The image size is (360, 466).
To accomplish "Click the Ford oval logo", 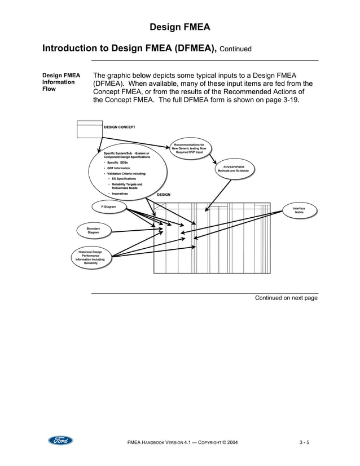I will coord(60,441).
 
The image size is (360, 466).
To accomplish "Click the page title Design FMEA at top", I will coord(180,27).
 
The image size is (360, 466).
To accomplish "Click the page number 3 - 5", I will coord(308,441).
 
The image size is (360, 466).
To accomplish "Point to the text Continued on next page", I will coord(286,298).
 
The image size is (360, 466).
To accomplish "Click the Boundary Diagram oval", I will coord(93,230).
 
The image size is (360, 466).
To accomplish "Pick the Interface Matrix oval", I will coord(298,210).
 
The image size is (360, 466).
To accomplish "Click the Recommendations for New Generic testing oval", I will coord(189,148).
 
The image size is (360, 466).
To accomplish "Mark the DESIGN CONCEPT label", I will coord(120,128).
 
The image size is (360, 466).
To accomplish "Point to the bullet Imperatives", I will coord(120,194).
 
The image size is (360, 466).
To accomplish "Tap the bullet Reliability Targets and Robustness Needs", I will coord(126,186).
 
